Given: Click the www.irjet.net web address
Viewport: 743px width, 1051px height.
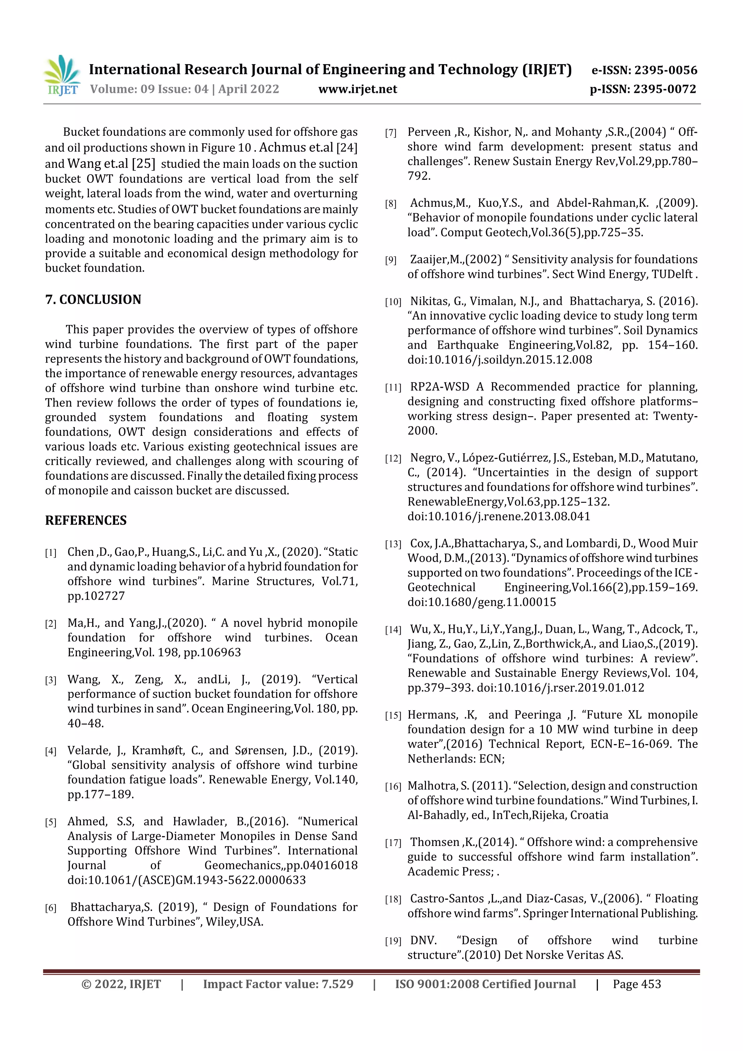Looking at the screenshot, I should pos(358,89).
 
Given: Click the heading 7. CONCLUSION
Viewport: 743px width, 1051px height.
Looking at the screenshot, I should pos(93,299).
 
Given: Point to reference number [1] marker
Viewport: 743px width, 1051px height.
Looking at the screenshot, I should pos(50,553).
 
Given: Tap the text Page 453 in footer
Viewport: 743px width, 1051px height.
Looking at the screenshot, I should pos(637,984).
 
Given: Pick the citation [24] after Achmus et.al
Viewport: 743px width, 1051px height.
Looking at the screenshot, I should pos(346,148).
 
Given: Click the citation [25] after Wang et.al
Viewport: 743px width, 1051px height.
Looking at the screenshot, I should pos(143,163).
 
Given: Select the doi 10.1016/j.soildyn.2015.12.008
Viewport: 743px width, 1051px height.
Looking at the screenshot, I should pos(500,360).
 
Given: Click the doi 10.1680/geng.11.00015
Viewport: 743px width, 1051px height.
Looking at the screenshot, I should pos(481,602).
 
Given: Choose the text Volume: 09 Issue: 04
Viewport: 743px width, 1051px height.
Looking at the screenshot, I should pos(149,89).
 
